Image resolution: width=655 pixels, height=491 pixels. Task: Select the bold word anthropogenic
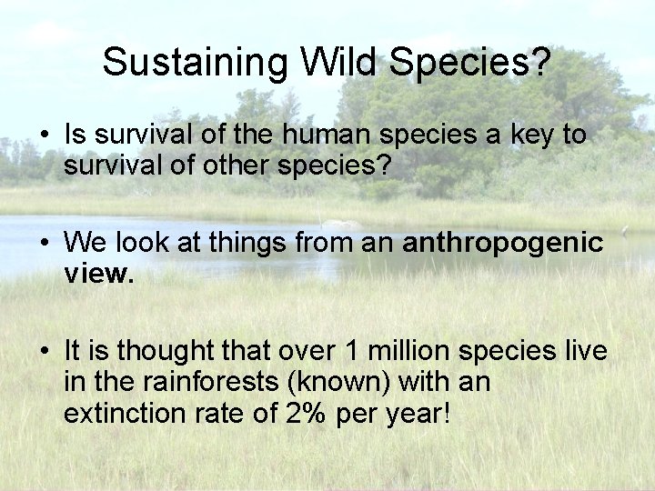[x=502, y=244]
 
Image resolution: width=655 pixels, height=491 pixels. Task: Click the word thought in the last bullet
[x=160, y=352]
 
